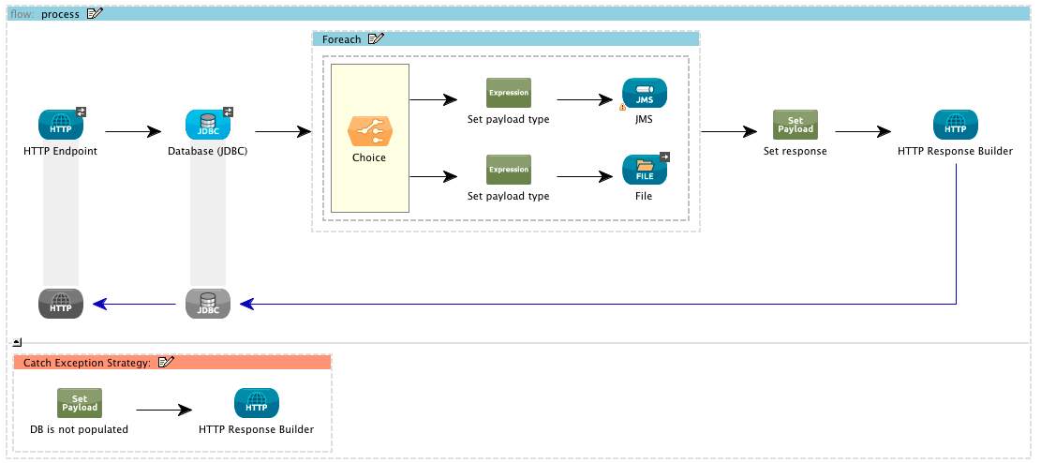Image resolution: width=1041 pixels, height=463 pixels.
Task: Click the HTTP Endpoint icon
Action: tap(61, 125)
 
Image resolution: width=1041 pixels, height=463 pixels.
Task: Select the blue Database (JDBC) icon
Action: tap(208, 125)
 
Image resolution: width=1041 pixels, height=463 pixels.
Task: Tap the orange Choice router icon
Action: tap(368, 131)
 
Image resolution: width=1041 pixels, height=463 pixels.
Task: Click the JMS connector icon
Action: tap(645, 94)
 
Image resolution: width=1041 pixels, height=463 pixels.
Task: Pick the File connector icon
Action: tap(645, 170)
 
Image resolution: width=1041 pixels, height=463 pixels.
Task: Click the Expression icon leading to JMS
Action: tap(509, 93)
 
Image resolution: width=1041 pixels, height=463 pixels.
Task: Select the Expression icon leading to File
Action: tap(509, 170)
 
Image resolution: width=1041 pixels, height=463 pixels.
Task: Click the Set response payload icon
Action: tap(795, 125)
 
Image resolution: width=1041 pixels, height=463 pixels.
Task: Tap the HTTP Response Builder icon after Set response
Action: tap(955, 125)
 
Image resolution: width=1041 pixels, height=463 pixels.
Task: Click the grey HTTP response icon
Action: tap(61, 303)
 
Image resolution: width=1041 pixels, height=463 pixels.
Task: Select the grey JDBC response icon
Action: tap(208, 303)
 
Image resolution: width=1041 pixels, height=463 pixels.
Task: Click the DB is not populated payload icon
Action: tap(80, 403)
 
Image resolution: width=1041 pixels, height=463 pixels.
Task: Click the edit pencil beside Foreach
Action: tap(377, 38)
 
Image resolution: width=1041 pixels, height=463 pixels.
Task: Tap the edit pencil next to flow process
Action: tap(95, 14)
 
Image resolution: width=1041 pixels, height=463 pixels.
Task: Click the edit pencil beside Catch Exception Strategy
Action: tap(166, 362)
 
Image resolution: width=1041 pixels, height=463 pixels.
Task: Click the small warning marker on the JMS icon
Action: tap(623, 107)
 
